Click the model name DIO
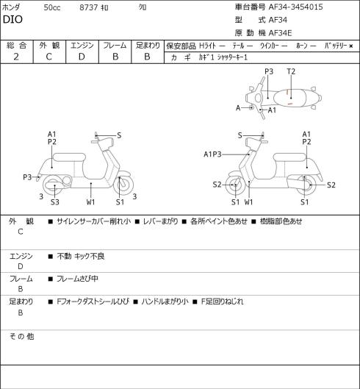click(x=12, y=19)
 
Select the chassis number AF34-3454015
click(x=296, y=7)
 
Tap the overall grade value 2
click(x=16, y=57)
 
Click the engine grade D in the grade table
click(x=82, y=57)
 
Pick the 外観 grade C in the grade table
click(x=48, y=57)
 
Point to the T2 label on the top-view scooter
click(x=291, y=72)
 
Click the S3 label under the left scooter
click(x=55, y=202)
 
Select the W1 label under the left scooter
click(x=91, y=202)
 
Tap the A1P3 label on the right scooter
click(x=212, y=154)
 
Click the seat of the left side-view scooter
click(x=69, y=157)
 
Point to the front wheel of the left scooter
click(x=123, y=185)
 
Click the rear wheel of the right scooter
click(x=306, y=185)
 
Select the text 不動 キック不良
click(x=81, y=256)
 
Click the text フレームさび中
click(x=77, y=279)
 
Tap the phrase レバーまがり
click(x=160, y=221)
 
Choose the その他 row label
click(x=21, y=336)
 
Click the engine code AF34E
click(x=281, y=33)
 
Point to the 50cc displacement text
click(x=52, y=7)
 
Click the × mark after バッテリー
click(x=351, y=46)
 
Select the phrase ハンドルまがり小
click(x=165, y=301)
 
